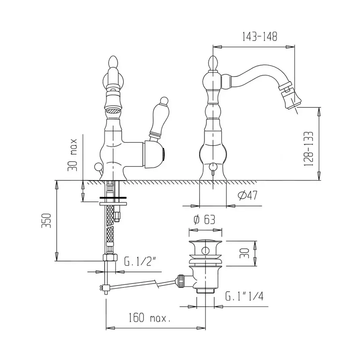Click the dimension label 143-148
(259, 37)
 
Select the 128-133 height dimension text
(309, 148)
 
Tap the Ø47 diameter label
(247, 196)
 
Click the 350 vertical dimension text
(47, 220)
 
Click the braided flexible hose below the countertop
(110, 229)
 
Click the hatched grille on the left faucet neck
(113, 109)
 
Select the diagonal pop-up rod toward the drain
(141, 283)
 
